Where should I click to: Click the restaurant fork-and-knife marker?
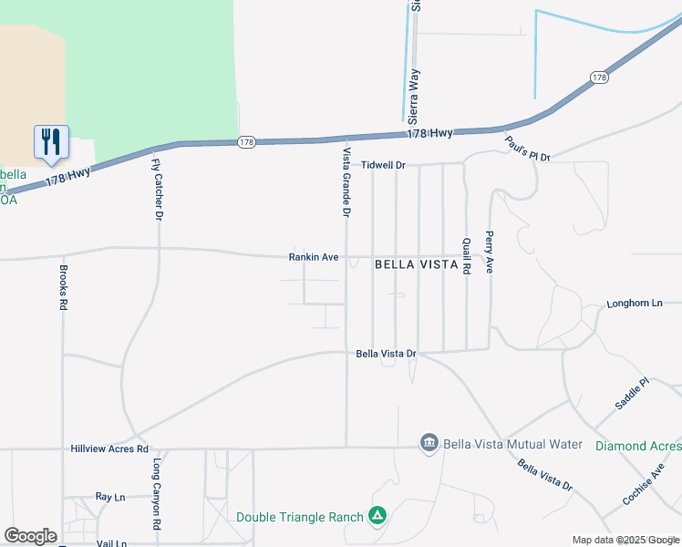[x=51, y=141]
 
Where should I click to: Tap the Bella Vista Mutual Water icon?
[x=429, y=444]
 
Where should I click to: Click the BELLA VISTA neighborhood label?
[x=416, y=264]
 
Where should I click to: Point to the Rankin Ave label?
[x=314, y=258]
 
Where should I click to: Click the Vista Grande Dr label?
[x=346, y=182]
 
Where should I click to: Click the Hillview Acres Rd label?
[x=109, y=449]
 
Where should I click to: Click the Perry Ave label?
[x=490, y=252]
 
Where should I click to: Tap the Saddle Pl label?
[x=631, y=393]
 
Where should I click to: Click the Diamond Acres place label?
[x=638, y=446]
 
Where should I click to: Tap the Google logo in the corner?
[x=30, y=536]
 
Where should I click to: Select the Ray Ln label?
[x=109, y=497]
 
